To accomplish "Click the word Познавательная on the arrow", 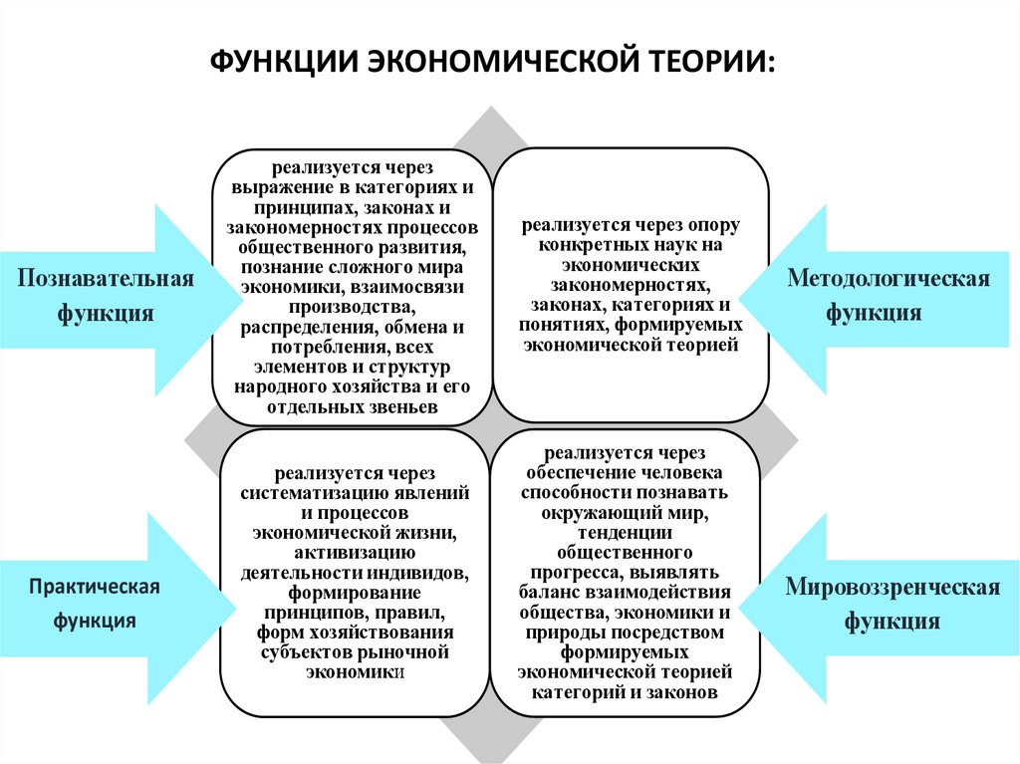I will [x=105, y=277].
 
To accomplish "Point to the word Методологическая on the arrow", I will [x=889, y=277].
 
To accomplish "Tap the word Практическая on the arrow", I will [x=95, y=585].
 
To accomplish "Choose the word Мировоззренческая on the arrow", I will [x=892, y=586].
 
